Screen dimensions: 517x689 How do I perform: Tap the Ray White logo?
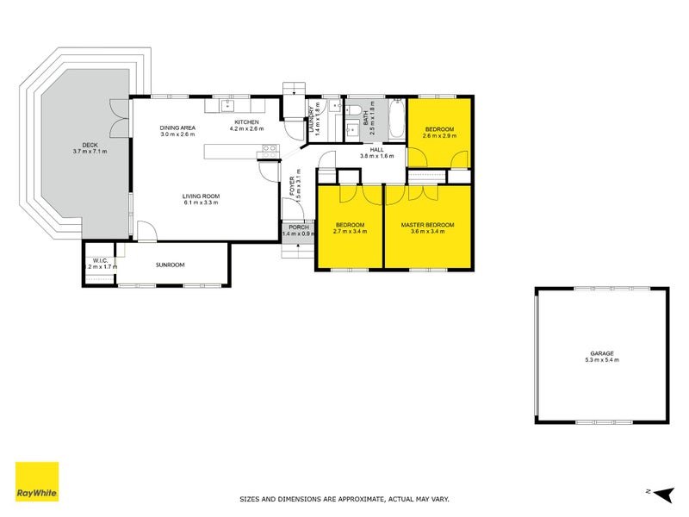37,483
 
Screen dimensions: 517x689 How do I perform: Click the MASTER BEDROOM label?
427,225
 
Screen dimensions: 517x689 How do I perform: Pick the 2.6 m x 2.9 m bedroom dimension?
438,135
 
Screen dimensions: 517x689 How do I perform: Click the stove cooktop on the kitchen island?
270,150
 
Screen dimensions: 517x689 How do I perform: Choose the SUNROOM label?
171,265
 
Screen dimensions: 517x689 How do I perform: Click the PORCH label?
298,227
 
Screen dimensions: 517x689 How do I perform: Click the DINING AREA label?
177,128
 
